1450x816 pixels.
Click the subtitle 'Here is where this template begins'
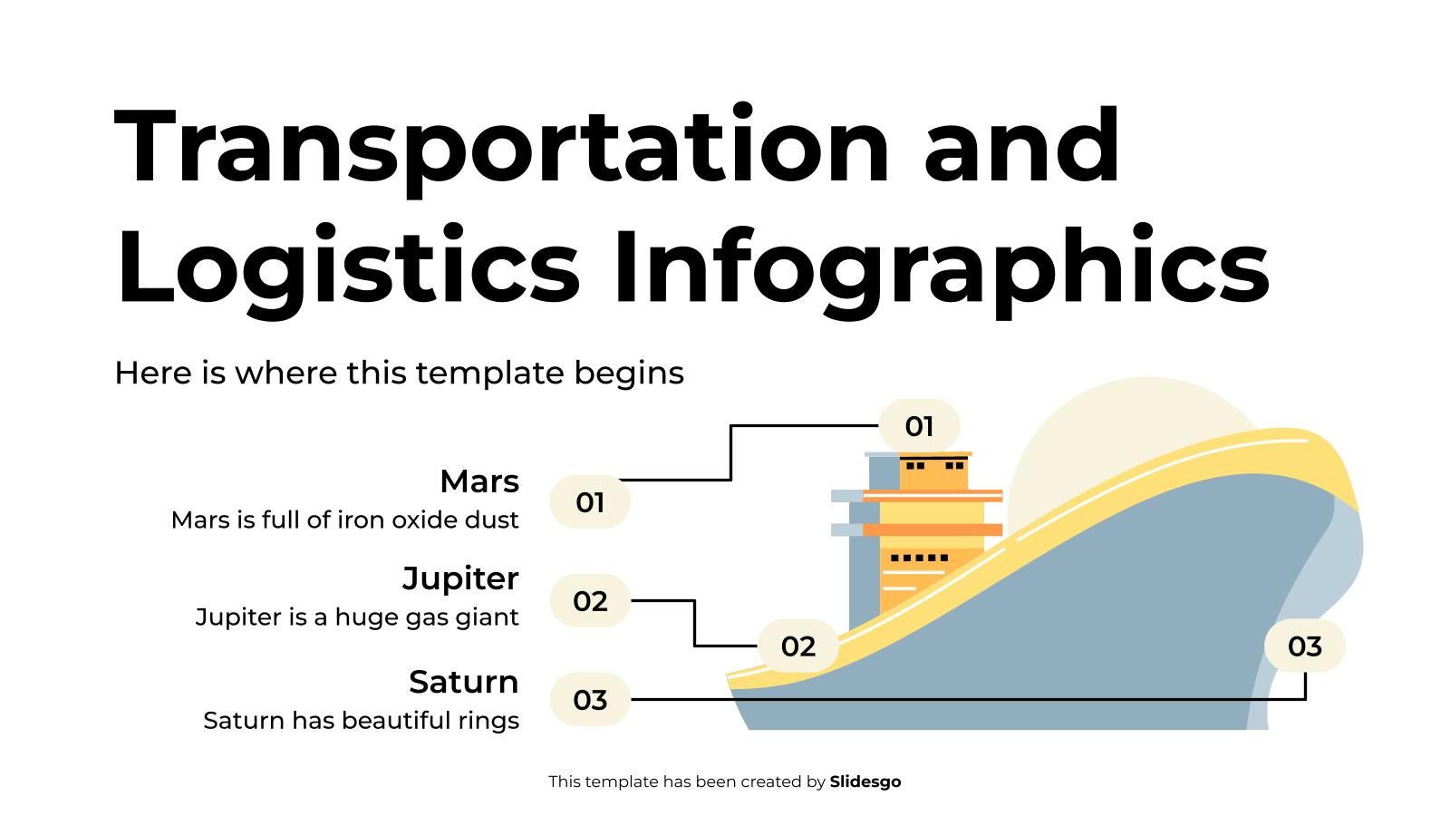(x=399, y=373)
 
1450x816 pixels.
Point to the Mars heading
(x=478, y=481)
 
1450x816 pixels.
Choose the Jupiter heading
(x=460, y=578)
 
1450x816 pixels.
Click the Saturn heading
(x=463, y=682)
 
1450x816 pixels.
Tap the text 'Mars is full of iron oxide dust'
(x=344, y=520)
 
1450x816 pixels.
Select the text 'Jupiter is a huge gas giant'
(x=357, y=617)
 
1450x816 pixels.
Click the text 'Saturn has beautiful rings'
(x=361, y=721)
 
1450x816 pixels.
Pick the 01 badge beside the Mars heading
(x=590, y=502)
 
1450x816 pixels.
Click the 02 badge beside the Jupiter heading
(x=590, y=601)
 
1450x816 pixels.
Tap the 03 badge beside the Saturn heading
(x=590, y=700)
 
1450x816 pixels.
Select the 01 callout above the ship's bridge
(x=919, y=426)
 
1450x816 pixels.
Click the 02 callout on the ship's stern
(x=798, y=646)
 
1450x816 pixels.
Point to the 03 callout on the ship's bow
(x=1305, y=646)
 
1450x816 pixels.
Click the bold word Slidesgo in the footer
(x=865, y=782)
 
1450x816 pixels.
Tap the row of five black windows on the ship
(x=919, y=558)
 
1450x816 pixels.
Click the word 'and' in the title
(x=1022, y=147)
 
